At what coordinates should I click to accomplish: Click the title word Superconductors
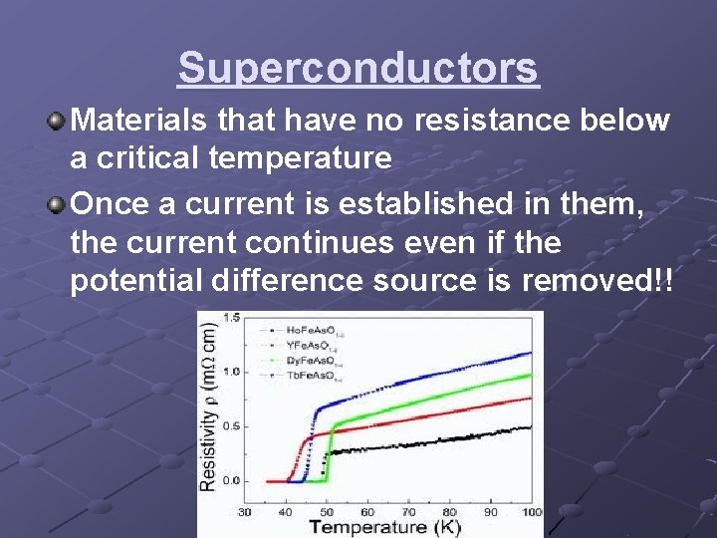click(x=358, y=69)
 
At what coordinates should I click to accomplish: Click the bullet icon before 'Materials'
click(x=57, y=122)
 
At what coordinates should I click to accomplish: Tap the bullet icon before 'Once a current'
click(x=57, y=204)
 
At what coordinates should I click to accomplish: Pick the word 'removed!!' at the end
click(x=597, y=281)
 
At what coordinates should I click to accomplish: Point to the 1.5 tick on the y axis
click(x=231, y=318)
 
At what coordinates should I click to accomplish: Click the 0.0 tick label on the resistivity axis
click(x=231, y=481)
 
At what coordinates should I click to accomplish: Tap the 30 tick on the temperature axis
click(x=244, y=512)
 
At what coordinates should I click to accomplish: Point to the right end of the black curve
click(x=531, y=427)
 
